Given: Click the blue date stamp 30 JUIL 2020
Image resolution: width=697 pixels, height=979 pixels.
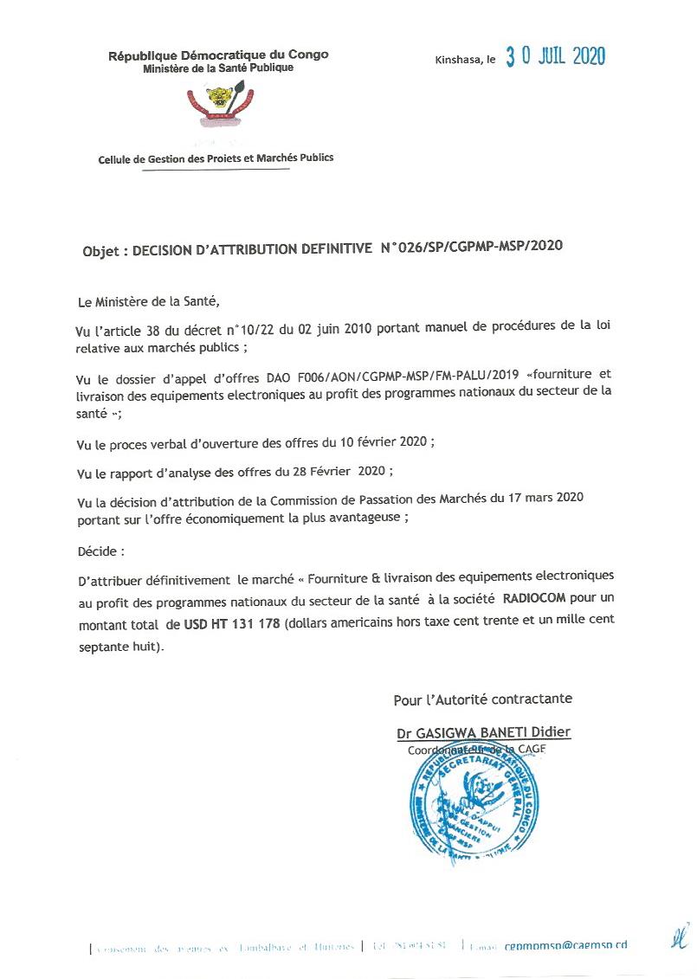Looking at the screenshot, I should coord(555,57).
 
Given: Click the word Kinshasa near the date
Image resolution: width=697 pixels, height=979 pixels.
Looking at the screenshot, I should coord(459,60).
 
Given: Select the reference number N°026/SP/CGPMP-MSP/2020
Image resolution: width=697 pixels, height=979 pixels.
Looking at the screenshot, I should coord(472,246).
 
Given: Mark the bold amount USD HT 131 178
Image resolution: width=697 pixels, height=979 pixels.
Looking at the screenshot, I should coord(232,624).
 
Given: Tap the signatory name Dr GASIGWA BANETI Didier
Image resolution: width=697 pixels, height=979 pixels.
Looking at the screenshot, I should coord(483,732).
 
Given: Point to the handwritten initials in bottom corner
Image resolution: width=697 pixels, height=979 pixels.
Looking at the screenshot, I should coord(679,936).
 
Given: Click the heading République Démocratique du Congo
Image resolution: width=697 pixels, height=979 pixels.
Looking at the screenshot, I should coord(218,55).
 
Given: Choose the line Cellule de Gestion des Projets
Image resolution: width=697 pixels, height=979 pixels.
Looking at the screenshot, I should coord(216,158).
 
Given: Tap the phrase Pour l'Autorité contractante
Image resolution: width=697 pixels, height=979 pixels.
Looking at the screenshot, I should coord(482,699).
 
